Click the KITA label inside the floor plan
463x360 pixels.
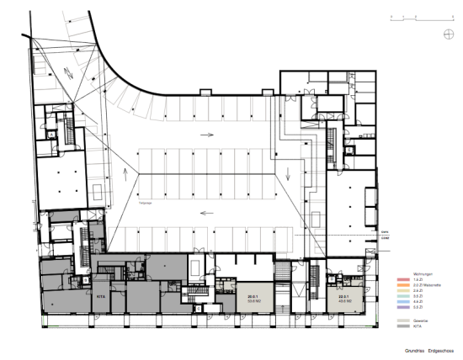click(x=100, y=297)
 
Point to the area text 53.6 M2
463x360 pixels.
click(x=251, y=301)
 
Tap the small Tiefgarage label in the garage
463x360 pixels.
click(x=144, y=203)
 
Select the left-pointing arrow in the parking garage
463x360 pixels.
click(x=205, y=213)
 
